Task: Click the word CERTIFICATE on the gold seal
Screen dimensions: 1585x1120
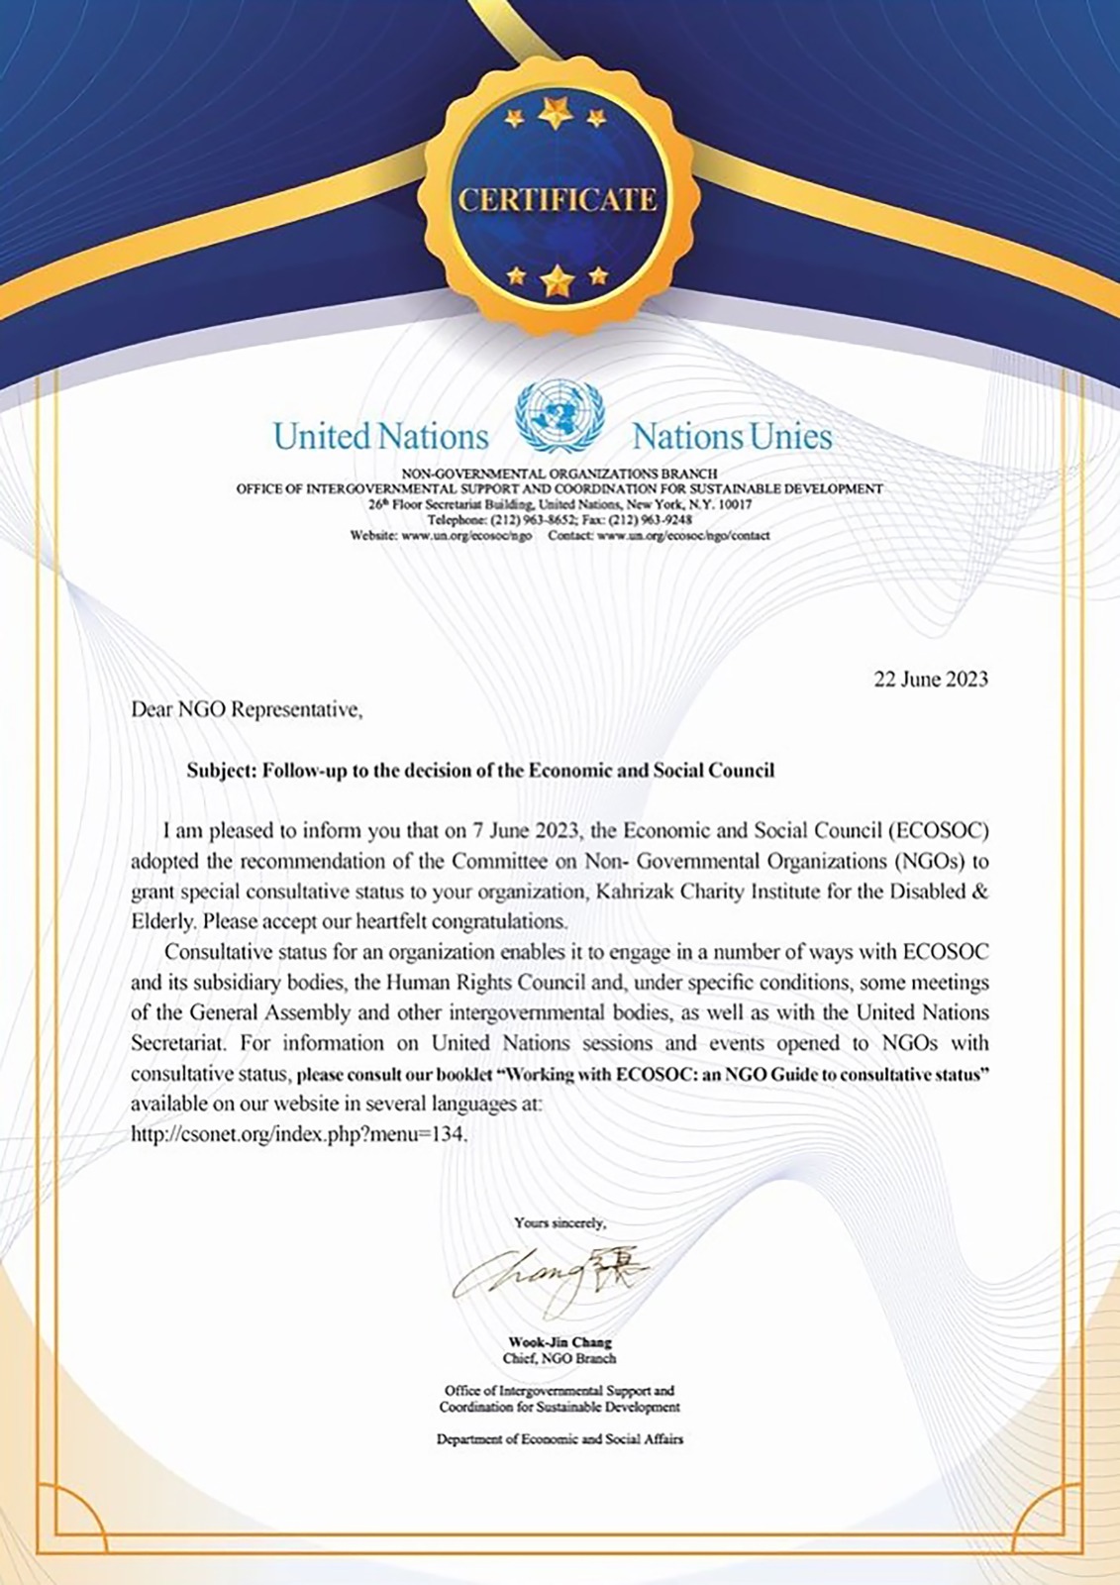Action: pyautogui.click(x=558, y=199)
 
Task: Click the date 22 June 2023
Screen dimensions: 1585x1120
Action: pyautogui.click(x=930, y=680)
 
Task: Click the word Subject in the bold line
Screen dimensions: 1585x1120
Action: pyautogui.click(x=220, y=770)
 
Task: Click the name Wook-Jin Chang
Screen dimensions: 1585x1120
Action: pyautogui.click(x=560, y=1343)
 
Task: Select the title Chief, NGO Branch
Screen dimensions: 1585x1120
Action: pyautogui.click(x=560, y=1358)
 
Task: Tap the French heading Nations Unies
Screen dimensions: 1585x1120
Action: pyautogui.click(x=732, y=436)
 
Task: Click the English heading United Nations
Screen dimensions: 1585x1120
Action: pyautogui.click(x=381, y=436)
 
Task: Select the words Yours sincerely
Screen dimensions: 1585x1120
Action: pyautogui.click(x=560, y=1223)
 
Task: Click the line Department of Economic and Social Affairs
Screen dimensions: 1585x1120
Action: pyautogui.click(x=560, y=1439)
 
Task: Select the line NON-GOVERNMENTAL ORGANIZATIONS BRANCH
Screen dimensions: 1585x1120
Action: pyautogui.click(x=560, y=474)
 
